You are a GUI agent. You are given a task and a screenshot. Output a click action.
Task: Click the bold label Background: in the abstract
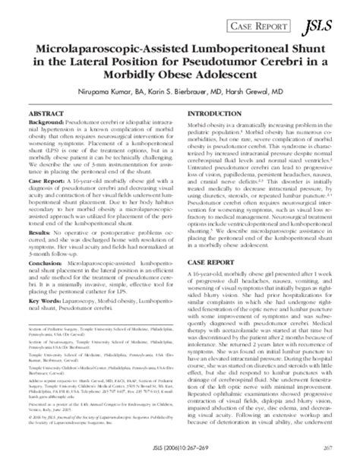pos(46,122)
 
